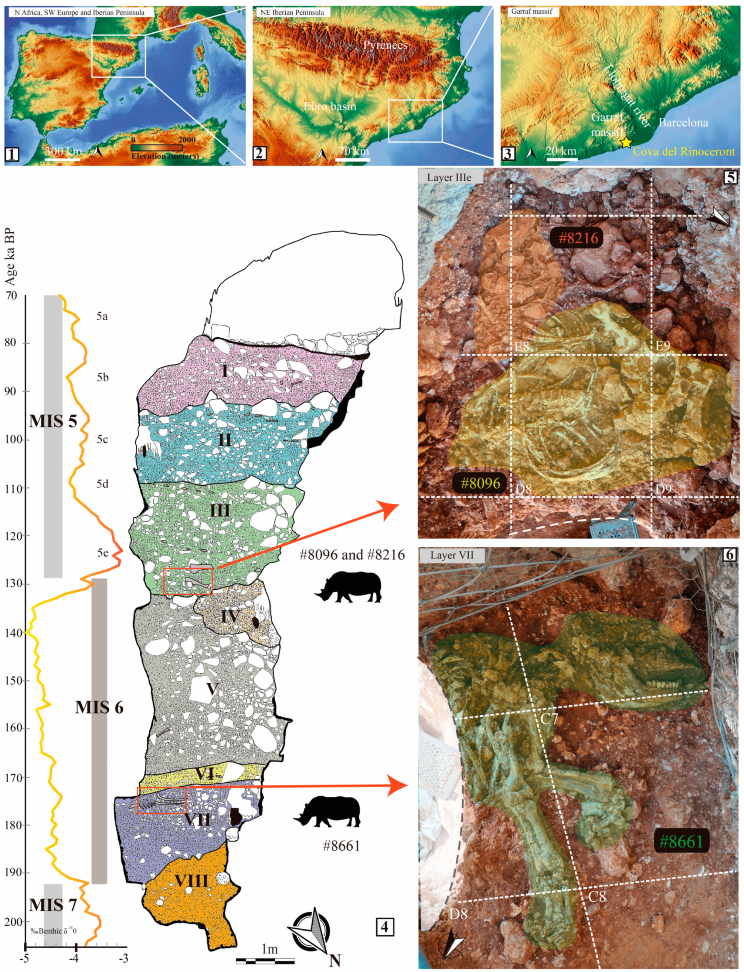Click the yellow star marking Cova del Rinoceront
pos(626,142)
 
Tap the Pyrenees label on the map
pos(385,45)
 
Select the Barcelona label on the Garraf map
pos(683,122)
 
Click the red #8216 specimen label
pos(578,238)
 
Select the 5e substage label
pos(102,552)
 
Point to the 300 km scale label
pos(63,152)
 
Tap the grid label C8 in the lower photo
pos(597,897)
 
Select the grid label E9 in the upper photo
pos(663,346)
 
